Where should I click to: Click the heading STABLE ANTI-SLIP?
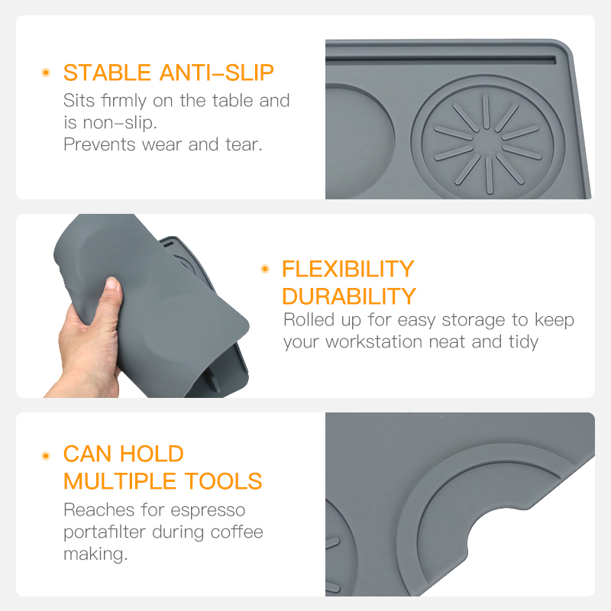click(168, 73)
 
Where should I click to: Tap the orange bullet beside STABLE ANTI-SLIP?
click(46, 73)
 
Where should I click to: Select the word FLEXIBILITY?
click(348, 269)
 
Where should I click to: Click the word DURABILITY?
click(349, 296)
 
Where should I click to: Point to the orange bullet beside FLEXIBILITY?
click(265, 269)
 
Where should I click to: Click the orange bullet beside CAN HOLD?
click(46, 455)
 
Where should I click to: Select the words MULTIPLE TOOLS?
click(163, 481)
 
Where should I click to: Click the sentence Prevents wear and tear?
click(163, 144)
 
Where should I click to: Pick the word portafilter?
click(108, 532)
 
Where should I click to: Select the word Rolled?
click(309, 320)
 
